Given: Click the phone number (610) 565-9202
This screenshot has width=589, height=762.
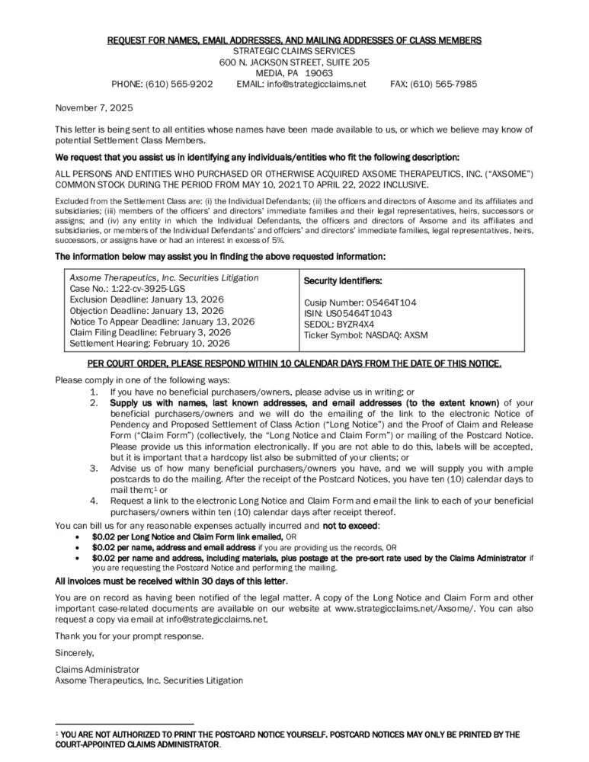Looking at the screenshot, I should pos(183,84).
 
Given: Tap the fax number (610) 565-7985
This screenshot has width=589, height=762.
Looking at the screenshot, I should pos(445,84).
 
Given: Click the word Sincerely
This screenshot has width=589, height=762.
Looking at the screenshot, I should pos(75,653).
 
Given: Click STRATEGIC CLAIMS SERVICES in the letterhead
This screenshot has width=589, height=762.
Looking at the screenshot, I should pos(294,50).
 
